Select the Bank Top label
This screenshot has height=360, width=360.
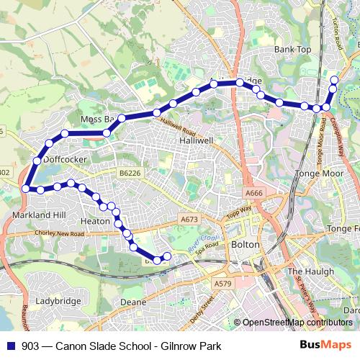pos(293,50)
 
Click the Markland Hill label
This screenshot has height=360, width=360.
pos(39,215)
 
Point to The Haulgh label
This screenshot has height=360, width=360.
pos(311,271)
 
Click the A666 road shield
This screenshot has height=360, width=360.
pos(254,193)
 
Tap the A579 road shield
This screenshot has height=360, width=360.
pos(223,284)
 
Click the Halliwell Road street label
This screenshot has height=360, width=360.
pos(178,127)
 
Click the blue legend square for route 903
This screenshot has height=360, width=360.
pos(10,346)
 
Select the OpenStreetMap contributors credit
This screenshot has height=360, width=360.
pos(297,323)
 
